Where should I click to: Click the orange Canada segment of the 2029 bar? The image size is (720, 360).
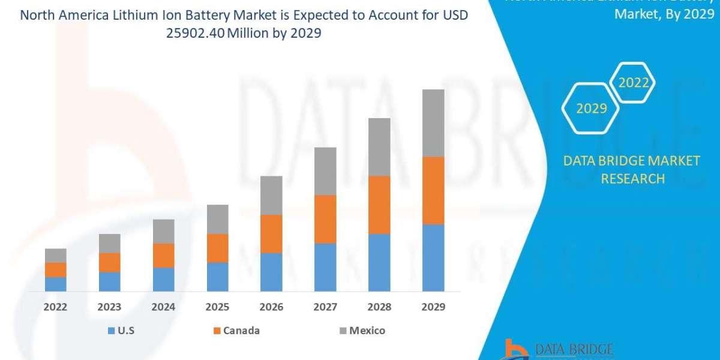pyautogui.click(x=433, y=190)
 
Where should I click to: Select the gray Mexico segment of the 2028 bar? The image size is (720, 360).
pyautogui.click(x=379, y=147)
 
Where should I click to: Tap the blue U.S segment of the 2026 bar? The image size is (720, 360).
pyautogui.click(x=271, y=272)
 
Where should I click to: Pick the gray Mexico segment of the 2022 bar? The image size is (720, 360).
pyautogui.click(x=56, y=256)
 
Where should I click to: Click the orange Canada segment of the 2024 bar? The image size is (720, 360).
pyautogui.click(x=163, y=255)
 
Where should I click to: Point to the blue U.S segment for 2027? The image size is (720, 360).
pyautogui.click(x=325, y=267)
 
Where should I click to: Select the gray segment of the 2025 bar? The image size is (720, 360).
pyautogui.click(x=217, y=219)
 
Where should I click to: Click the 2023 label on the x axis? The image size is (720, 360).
pyautogui.click(x=110, y=307)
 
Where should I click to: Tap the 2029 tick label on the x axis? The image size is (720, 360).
pyautogui.click(x=433, y=307)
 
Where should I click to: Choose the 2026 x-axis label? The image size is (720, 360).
pyautogui.click(x=271, y=307)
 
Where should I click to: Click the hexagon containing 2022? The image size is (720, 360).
pyautogui.click(x=634, y=83)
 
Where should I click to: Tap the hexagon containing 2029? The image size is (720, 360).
pyautogui.click(x=590, y=109)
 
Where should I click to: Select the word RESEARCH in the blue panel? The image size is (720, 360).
pyautogui.click(x=632, y=179)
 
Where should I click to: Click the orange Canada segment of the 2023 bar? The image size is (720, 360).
pyautogui.click(x=110, y=262)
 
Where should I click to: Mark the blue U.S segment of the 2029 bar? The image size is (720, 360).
pyautogui.click(x=433, y=257)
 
